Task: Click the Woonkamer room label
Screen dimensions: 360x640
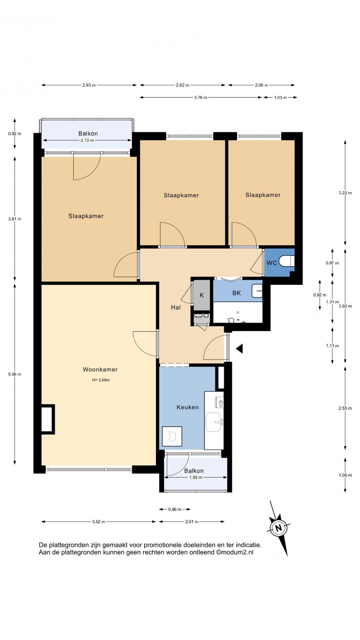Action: [100, 370]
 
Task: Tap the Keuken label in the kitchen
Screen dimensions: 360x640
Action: [187, 407]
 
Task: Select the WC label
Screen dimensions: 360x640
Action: [272, 263]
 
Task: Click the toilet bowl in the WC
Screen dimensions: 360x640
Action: [287, 261]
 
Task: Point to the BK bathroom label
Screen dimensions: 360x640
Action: [236, 293]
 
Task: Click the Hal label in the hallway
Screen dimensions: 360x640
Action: [176, 307]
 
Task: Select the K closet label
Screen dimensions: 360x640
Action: [202, 295]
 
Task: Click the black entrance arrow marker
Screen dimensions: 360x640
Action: [239, 349]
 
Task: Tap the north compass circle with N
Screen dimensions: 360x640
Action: [279, 528]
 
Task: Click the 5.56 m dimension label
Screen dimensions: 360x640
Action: [15, 374]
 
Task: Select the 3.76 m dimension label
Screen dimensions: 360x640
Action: [201, 97]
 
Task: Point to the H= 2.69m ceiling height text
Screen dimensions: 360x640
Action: [101, 380]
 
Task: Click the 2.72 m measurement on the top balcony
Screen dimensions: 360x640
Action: [87, 140]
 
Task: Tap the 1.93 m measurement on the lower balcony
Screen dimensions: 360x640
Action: [195, 477]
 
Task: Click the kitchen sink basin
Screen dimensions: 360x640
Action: [213, 422]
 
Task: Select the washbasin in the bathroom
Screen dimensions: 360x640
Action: [257, 291]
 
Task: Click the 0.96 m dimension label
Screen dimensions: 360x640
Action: [175, 509]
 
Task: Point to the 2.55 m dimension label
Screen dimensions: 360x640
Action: [345, 408]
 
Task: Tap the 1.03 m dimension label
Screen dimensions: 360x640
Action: [280, 97]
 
